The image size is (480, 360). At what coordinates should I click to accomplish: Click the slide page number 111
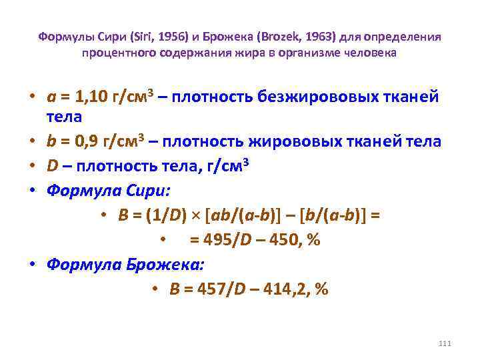point(446,343)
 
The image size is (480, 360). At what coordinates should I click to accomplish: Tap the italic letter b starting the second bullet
point(51,141)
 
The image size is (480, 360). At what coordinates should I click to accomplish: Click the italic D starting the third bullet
point(51,166)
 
